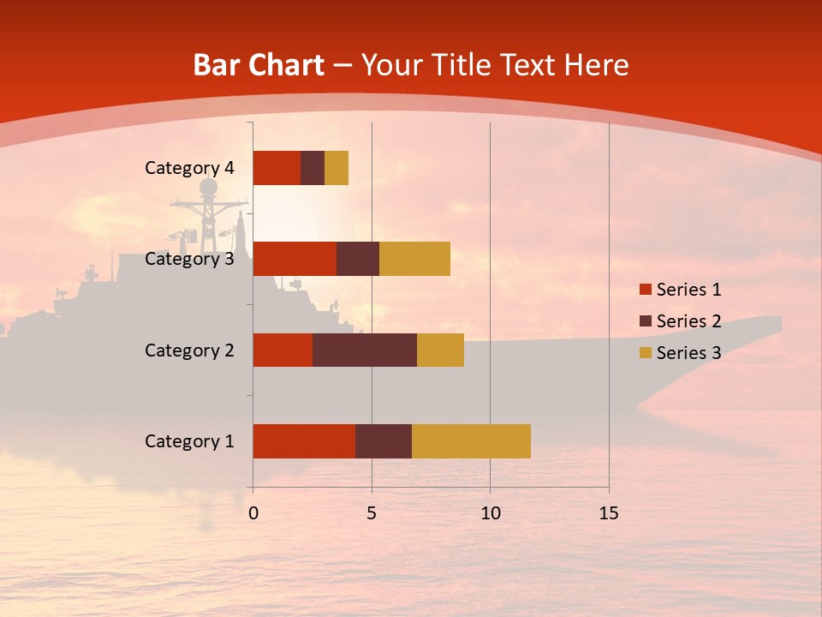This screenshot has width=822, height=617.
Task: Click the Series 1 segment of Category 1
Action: coord(304,441)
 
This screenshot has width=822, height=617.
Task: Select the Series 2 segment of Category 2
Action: coord(365,350)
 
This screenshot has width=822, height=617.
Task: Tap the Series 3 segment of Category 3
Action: coord(414,259)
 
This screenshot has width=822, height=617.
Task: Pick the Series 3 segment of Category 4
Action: coord(337,168)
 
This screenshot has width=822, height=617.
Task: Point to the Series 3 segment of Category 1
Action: coord(471,441)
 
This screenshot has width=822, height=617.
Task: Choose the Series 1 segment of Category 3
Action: coord(295,259)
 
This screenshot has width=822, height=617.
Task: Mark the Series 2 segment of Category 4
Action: coord(313,168)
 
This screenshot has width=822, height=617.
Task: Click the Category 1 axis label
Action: coord(189,441)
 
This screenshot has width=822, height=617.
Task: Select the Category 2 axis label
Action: coord(189,350)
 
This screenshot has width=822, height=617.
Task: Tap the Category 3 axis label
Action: coord(189,259)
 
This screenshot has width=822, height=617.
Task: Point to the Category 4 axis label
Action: coord(189,168)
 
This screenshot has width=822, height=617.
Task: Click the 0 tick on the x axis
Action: coord(253,513)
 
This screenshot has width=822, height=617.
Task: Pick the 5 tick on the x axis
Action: coord(372,513)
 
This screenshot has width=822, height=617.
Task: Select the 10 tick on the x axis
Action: coord(490,513)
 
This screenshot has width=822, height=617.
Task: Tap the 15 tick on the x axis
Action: coord(609,513)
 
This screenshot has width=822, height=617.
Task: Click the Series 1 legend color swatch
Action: coord(645,290)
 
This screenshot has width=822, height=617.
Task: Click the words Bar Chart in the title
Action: coord(259,65)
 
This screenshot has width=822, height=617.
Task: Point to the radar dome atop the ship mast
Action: coord(209,188)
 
